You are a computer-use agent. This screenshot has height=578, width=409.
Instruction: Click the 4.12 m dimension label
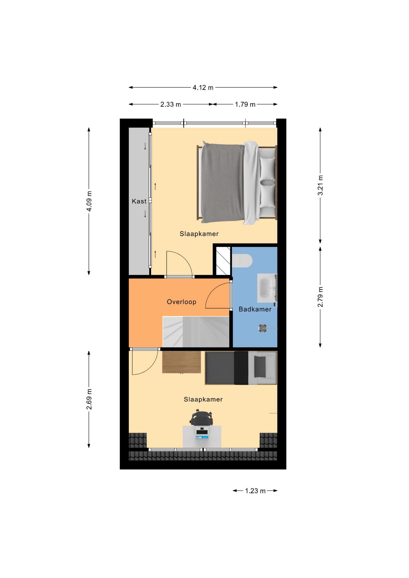click(x=203, y=88)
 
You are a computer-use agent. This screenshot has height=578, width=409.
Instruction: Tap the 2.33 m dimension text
click(x=170, y=104)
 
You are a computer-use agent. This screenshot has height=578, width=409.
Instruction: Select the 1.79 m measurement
click(x=245, y=104)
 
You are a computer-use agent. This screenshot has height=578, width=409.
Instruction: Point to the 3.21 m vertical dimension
click(x=320, y=185)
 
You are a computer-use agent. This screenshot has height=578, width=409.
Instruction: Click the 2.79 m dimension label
click(x=320, y=297)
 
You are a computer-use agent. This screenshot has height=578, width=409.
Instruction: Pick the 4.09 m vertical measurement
click(x=89, y=201)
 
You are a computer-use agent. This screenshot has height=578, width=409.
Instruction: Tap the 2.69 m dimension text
click(x=89, y=399)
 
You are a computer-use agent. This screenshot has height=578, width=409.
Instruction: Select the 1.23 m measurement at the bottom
click(x=255, y=491)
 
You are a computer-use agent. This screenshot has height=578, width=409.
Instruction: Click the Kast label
click(x=139, y=201)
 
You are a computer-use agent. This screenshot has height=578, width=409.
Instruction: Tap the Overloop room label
click(x=181, y=302)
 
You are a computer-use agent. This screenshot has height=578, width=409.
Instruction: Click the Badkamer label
click(x=255, y=309)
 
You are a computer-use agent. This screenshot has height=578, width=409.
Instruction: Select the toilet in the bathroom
click(x=242, y=261)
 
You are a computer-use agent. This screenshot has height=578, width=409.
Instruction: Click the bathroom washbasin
click(x=266, y=288)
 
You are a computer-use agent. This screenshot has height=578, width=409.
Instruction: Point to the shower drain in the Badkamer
click(x=263, y=328)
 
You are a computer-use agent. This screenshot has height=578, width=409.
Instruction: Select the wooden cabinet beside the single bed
click(x=181, y=362)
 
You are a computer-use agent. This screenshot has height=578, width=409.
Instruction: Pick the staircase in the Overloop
click(x=196, y=332)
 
